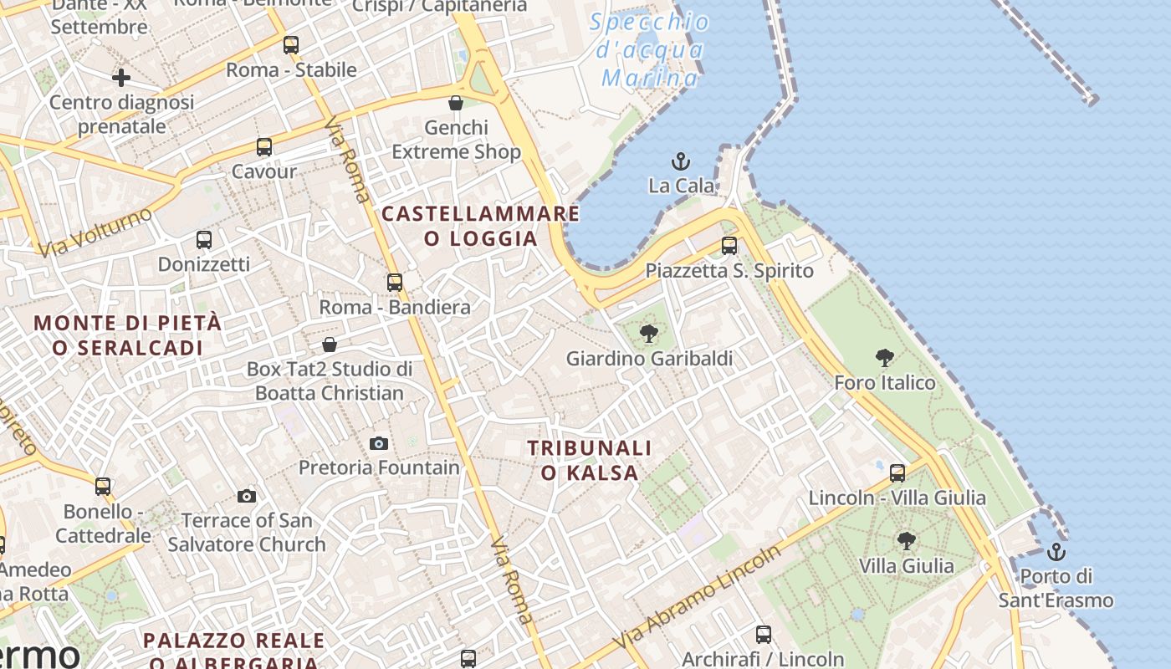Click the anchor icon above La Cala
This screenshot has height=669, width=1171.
[681, 161]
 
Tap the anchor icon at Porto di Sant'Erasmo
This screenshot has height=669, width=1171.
[1056, 552]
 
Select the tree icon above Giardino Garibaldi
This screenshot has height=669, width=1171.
[648, 334]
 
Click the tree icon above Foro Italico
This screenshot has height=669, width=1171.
[885, 358]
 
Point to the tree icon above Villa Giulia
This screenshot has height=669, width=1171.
[906, 541]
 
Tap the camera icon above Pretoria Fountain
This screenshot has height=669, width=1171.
[379, 443]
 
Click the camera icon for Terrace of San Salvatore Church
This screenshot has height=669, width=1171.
[246, 496]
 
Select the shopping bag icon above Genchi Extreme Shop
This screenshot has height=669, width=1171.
[456, 103]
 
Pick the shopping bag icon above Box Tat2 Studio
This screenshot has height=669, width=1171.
[330, 345]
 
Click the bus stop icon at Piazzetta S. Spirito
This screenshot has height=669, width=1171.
[729, 246]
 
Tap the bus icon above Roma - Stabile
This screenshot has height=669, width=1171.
[291, 45]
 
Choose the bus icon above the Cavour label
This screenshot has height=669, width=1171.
[264, 147]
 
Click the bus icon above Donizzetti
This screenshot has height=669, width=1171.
[204, 240]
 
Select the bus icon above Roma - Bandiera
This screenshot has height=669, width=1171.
[395, 283]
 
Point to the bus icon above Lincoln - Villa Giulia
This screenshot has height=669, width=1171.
[897, 473]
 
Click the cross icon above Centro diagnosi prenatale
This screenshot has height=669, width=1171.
[121, 78]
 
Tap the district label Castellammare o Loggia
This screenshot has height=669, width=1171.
[481, 226]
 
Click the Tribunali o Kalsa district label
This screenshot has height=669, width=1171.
[590, 460]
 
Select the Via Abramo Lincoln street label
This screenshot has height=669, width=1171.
[700, 597]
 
